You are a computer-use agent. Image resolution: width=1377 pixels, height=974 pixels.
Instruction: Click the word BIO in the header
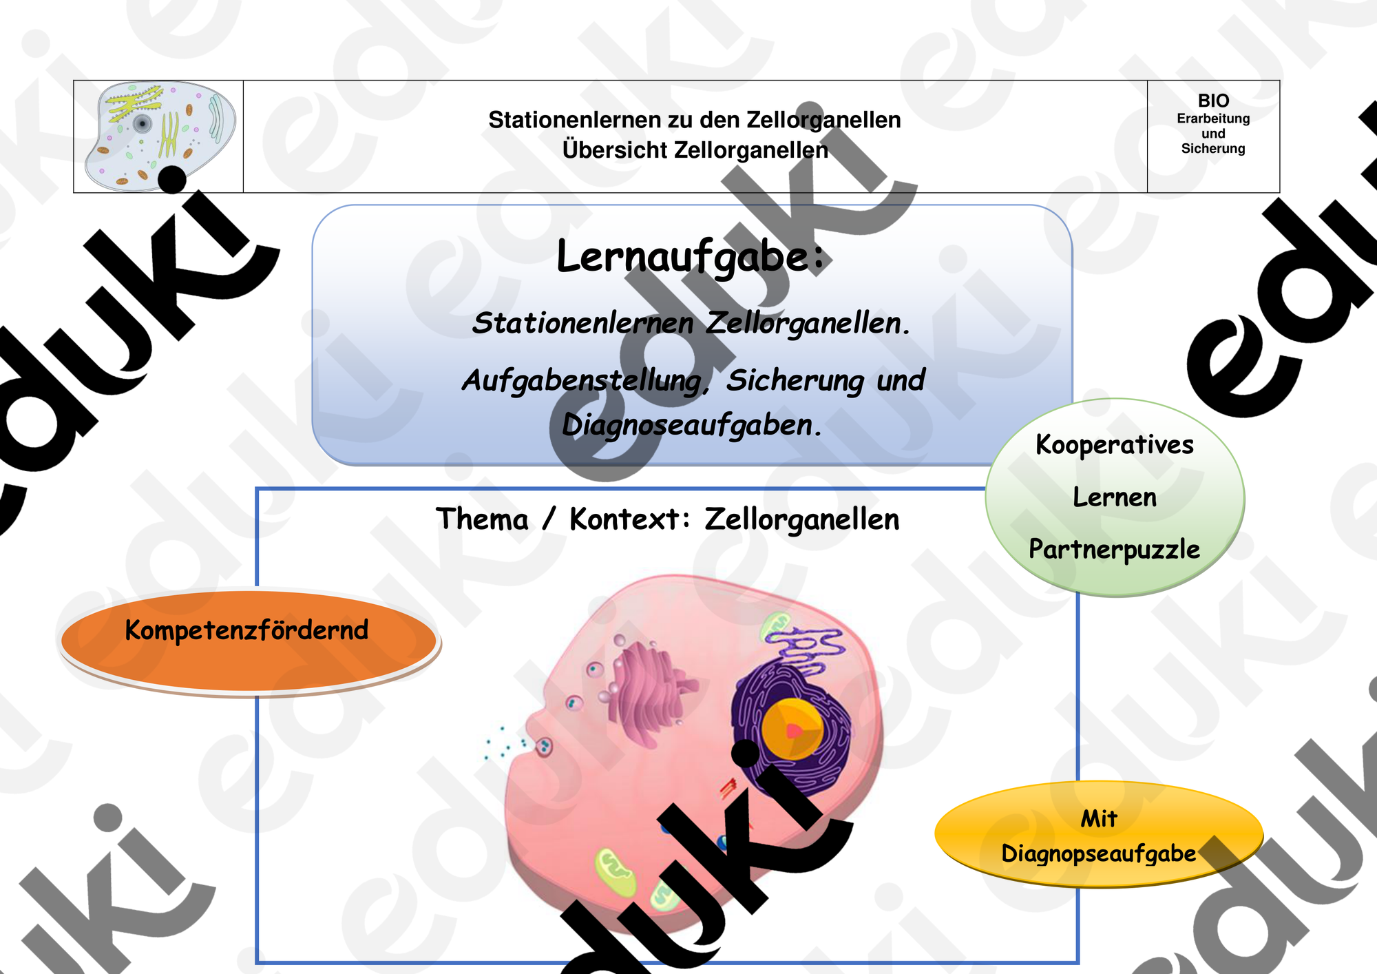(x=1213, y=101)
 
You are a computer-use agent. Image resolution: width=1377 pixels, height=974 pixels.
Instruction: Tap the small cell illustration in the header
(x=160, y=136)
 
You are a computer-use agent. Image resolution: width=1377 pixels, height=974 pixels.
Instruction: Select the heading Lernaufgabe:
(x=690, y=257)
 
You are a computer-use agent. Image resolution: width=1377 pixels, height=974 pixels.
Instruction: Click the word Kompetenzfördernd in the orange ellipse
(x=246, y=630)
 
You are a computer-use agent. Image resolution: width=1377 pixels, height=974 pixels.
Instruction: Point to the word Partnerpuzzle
(x=1114, y=550)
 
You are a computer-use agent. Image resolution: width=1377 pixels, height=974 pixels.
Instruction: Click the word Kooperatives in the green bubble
(x=1115, y=445)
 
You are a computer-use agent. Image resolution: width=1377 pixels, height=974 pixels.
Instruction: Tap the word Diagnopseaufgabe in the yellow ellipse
(x=1098, y=853)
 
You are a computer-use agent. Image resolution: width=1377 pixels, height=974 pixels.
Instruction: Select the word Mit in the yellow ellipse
(x=1099, y=818)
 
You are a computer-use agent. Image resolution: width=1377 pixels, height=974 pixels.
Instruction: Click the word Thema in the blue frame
(x=482, y=519)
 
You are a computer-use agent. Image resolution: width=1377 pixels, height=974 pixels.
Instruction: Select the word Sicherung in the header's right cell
(x=1213, y=149)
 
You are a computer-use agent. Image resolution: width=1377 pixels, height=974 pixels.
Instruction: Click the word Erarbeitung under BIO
(x=1213, y=118)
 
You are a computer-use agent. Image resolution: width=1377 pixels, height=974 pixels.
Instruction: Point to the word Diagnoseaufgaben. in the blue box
(x=692, y=425)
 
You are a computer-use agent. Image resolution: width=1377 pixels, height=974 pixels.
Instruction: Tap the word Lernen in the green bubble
(x=1115, y=497)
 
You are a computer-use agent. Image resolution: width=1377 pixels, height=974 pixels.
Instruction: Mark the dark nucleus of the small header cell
(x=143, y=124)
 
